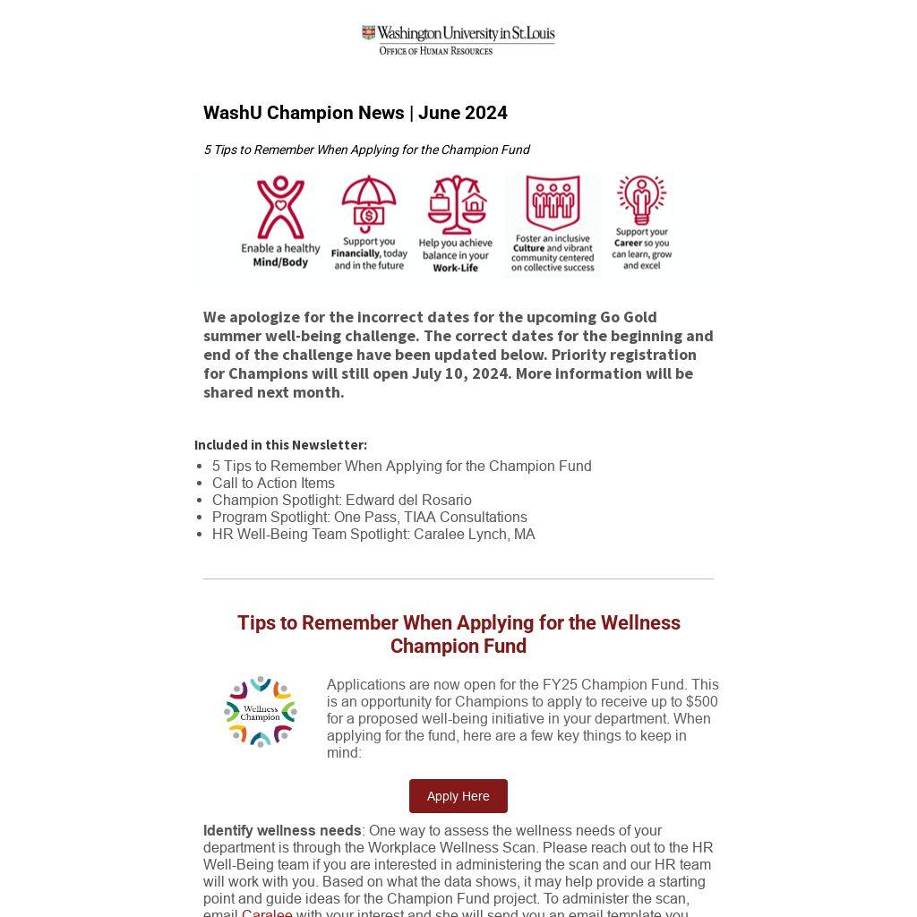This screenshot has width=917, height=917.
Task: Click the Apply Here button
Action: (458, 796)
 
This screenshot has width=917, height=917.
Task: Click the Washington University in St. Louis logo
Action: (458, 39)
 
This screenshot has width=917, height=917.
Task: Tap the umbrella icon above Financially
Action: (369, 204)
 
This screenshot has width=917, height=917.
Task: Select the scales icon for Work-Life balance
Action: (456, 204)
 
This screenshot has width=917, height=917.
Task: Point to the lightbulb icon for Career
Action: (641, 200)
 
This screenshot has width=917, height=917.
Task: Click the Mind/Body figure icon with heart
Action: (280, 207)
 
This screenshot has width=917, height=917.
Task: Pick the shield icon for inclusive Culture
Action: (552, 202)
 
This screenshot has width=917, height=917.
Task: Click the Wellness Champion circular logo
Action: (261, 712)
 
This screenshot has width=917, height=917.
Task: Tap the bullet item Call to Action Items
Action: (273, 483)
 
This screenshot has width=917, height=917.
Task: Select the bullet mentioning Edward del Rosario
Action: (341, 500)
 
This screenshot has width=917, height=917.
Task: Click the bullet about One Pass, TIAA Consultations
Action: (369, 517)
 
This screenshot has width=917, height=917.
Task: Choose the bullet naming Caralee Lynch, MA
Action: (373, 534)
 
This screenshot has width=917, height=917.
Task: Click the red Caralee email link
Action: (267, 912)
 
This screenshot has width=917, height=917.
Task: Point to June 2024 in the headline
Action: (462, 113)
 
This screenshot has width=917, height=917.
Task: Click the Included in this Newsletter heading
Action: (280, 444)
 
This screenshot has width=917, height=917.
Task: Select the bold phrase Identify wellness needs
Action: (282, 830)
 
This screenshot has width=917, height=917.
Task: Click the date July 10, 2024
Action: (459, 373)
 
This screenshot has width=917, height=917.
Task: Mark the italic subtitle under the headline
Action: (366, 150)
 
